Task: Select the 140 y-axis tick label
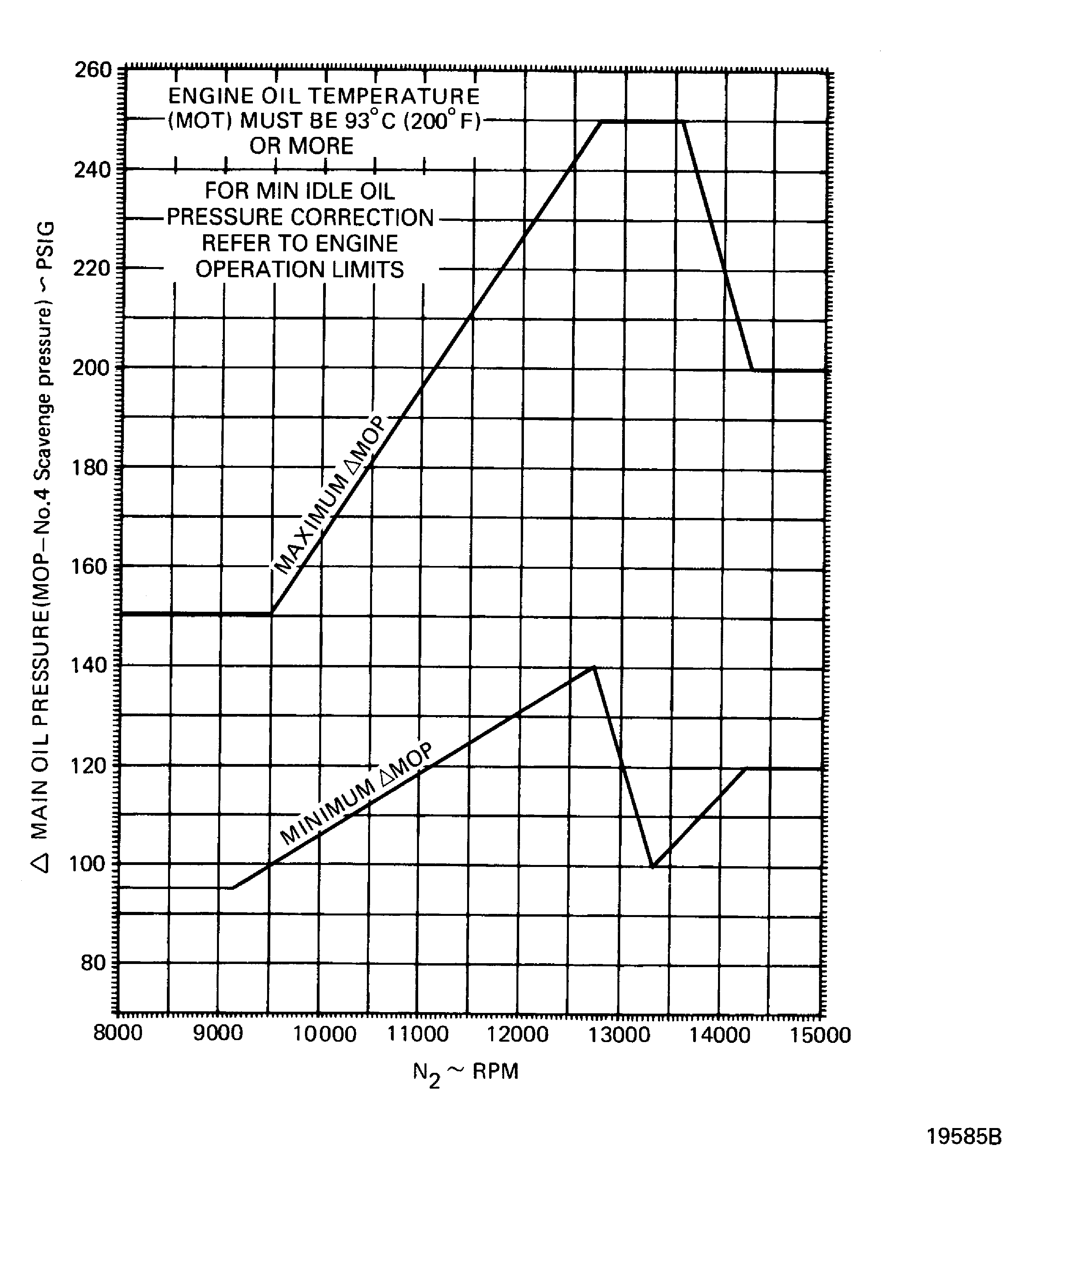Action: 91,665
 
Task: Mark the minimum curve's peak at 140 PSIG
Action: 593,667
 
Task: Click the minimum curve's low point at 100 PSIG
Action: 653,867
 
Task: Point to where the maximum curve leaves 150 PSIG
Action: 271,613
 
